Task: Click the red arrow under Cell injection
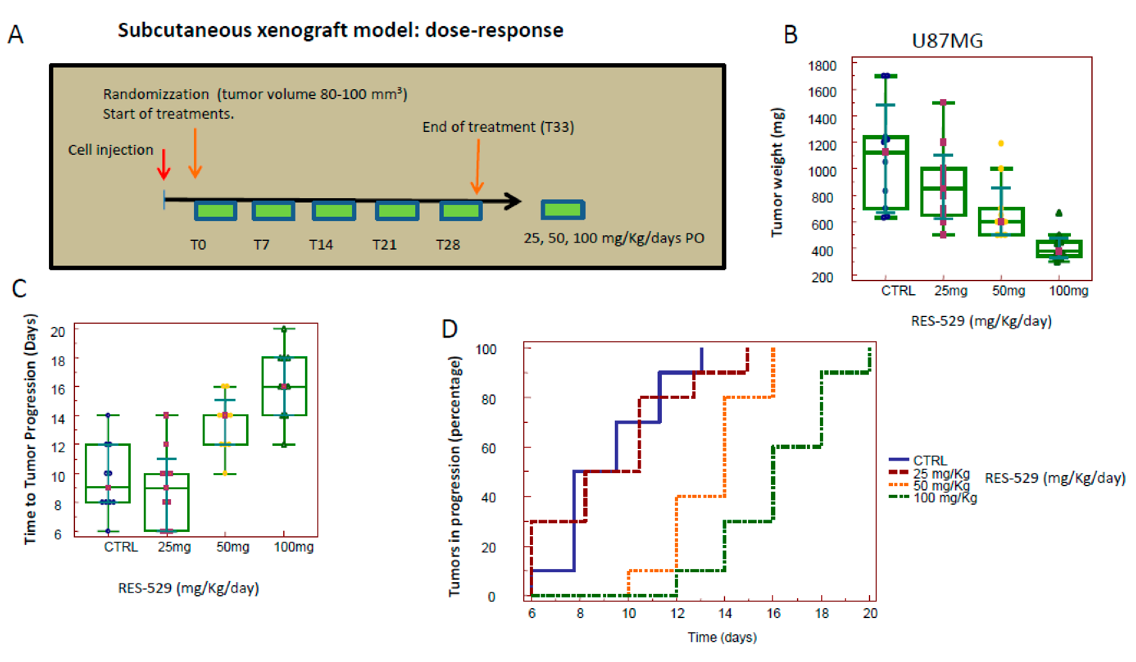(x=164, y=164)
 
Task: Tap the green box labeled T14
(x=333, y=211)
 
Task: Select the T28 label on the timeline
(x=447, y=245)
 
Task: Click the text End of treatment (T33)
(x=498, y=127)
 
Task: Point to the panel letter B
(x=790, y=35)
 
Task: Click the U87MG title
(x=947, y=41)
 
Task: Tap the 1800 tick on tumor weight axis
(x=822, y=66)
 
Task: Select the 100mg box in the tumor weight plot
(x=1059, y=249)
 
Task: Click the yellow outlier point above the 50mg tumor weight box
(x=1001, y=144)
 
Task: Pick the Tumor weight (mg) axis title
(x=777, y=172)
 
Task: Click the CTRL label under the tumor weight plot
(x=897, y=291)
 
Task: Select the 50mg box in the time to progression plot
(x=226, y=430)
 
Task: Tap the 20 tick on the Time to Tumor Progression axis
(x=58, y=331)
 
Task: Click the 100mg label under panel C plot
(x=293, y=547)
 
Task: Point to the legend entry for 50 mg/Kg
(x=941, y=486)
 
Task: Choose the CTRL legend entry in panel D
(x=930, y=460)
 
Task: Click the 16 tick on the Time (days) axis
(x=773, y=613)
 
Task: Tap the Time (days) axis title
(x=722, y=637)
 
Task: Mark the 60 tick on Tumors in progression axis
(x=488, y=448)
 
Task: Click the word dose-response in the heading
(x=494, y=30)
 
